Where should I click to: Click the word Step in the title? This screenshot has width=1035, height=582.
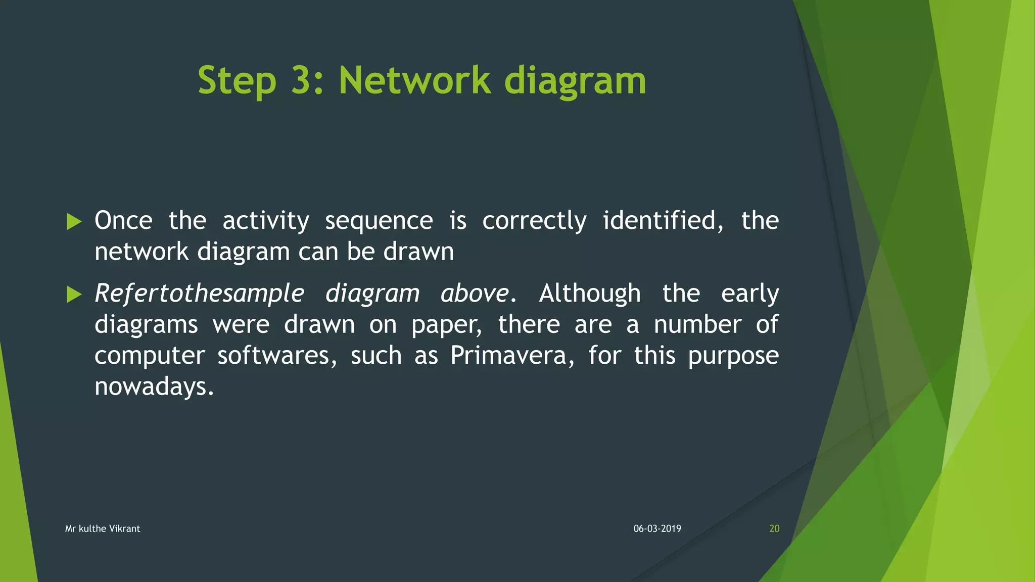coord(237,81)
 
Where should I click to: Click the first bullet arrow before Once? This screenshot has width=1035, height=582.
coord(74,221)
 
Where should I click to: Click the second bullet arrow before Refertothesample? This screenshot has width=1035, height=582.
coord(74,294)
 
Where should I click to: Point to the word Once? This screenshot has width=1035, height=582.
coord(123,221)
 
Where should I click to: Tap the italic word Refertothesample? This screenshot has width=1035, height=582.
coord(200,294)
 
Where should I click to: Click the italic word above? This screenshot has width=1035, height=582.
coord(475,294)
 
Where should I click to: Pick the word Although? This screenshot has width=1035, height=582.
coord(590,294)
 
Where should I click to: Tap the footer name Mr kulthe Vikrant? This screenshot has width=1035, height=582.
coord(103,528)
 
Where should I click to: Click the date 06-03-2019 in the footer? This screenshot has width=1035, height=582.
coord(657,528)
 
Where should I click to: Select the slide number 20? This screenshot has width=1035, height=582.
coord(774,528)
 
